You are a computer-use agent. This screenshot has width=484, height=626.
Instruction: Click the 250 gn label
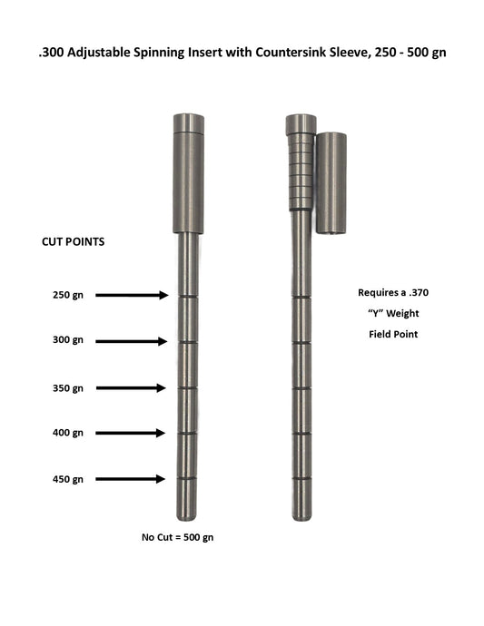[68, 295]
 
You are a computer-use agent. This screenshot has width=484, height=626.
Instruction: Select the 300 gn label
[68, 341]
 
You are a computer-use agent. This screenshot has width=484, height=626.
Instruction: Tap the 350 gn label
[68, 388]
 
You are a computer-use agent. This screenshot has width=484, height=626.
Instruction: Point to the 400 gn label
[68, 433]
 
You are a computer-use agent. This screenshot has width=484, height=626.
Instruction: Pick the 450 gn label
[68, 479]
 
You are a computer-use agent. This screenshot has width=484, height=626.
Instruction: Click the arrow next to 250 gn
[132, 295]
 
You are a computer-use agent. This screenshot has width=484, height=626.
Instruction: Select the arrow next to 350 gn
[132, 388]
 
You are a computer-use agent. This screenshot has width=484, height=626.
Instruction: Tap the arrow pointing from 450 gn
[132, 479]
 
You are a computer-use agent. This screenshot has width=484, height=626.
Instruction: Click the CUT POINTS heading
[74, 243]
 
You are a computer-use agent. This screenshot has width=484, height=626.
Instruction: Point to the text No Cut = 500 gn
[178, 538]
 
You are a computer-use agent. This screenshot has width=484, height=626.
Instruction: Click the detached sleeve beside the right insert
[331, 183]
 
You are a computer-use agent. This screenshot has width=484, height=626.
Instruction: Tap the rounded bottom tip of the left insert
[186, 514]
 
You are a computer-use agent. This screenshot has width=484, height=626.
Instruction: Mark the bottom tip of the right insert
[301, 514]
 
